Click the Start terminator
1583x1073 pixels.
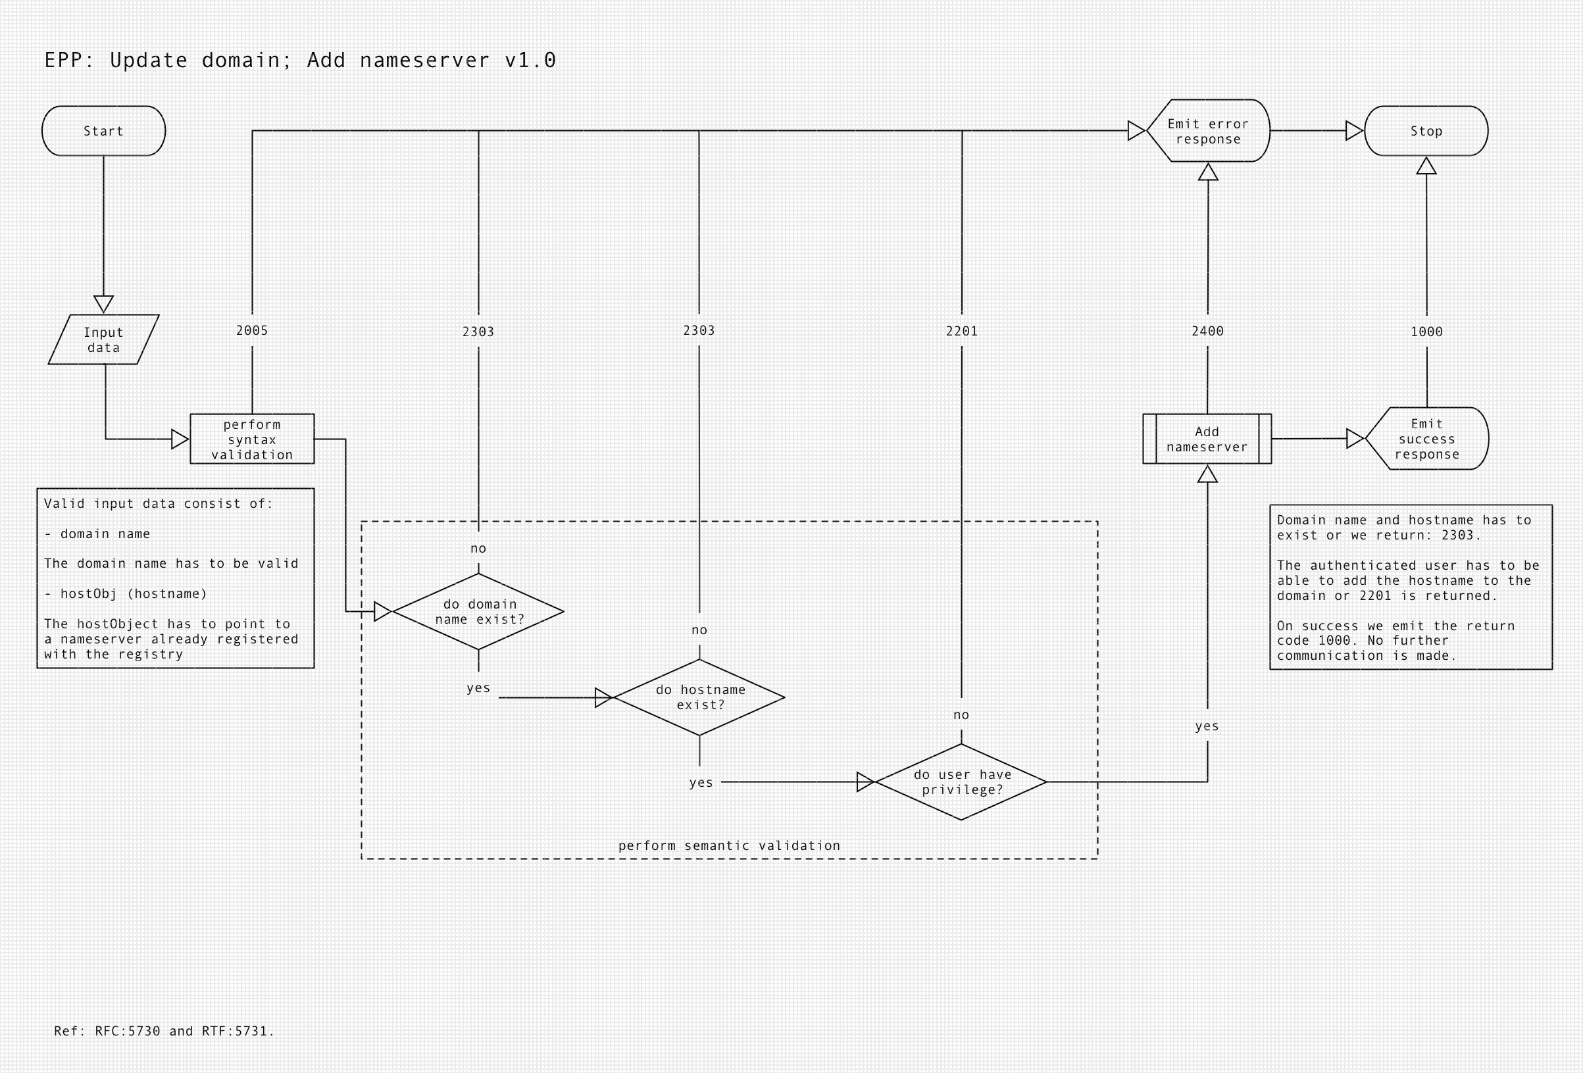[103, 131]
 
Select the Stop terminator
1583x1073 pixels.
[1426, 131]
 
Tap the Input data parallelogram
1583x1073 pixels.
[103, 339]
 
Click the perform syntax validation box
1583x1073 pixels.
[252, 439]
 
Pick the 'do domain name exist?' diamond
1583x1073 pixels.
[479, 611]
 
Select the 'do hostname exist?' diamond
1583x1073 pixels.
[699, 697]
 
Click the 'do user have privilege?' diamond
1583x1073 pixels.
[961, 782]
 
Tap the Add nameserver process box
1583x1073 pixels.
[1207, 439]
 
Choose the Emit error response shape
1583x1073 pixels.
[1209, 131]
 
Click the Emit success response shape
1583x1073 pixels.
[1427, 439]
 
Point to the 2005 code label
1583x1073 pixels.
[252, 330]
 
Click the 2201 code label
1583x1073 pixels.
[962, 331]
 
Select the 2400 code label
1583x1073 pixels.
[1208, 331]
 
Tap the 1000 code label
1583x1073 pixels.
[1427, 332]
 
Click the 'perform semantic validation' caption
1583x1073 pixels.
[729, 845]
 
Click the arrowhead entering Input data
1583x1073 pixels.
[103, 304]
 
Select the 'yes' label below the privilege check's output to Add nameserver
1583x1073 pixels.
[1207, 726]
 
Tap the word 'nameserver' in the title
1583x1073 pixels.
[424, 60]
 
